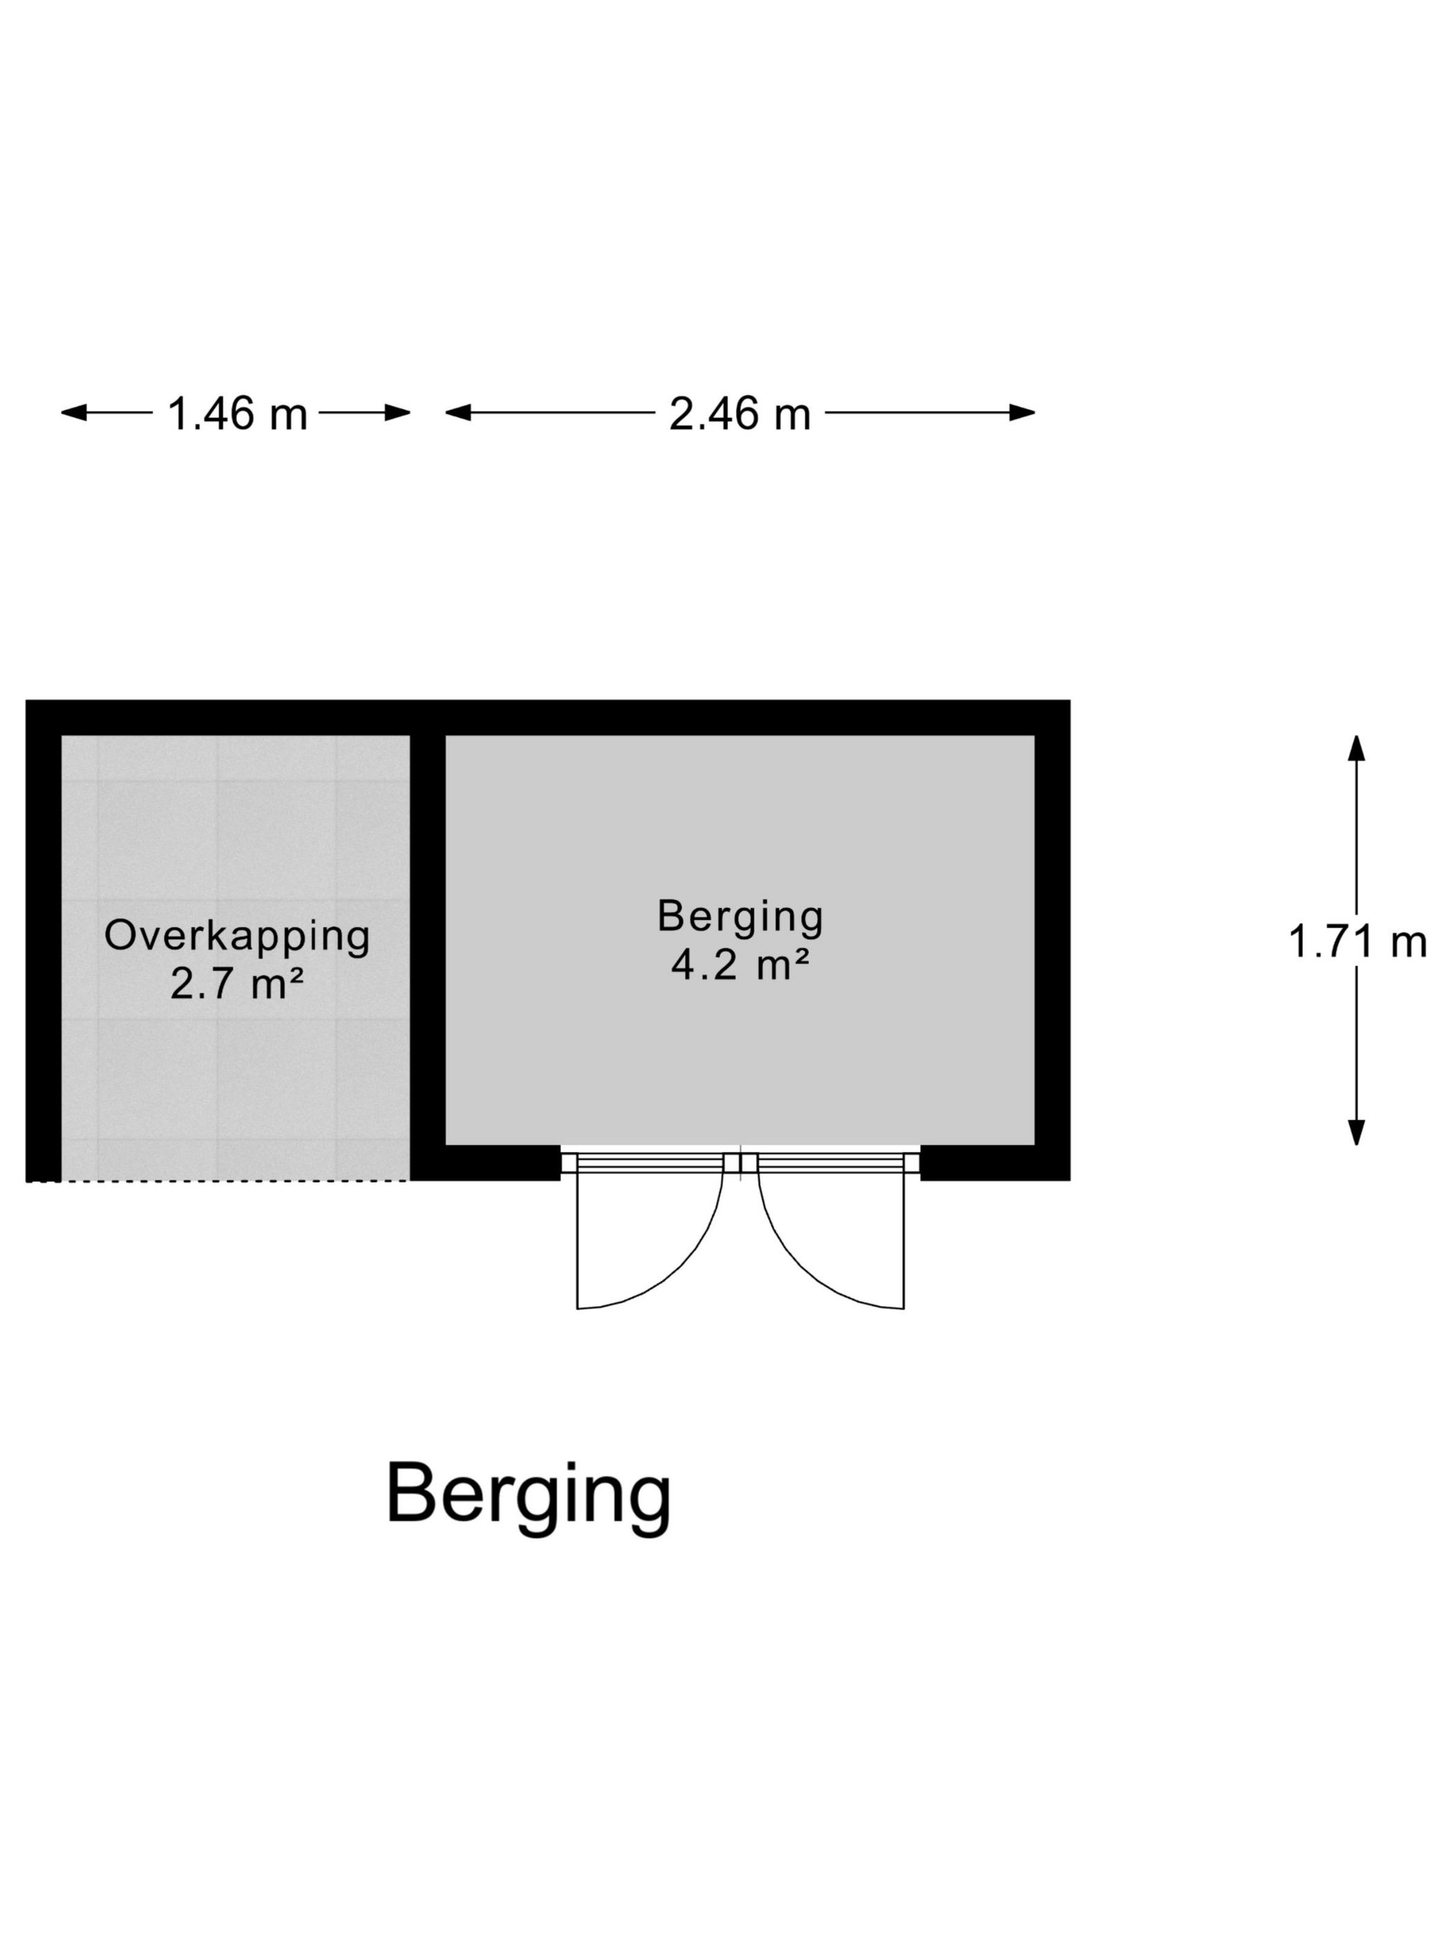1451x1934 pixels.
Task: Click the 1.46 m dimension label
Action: (x=237, y=414)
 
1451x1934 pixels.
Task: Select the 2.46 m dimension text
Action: (x=740, y=414)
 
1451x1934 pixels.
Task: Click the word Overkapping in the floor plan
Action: (x=237, y=937)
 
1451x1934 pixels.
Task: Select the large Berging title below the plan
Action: (x=529, y=1493)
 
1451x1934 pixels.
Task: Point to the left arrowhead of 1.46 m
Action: (x=73, y=412)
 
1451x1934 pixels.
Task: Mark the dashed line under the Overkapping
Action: (x=218, y=1181)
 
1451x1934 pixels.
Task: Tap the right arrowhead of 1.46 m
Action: (x=398, y=412)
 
